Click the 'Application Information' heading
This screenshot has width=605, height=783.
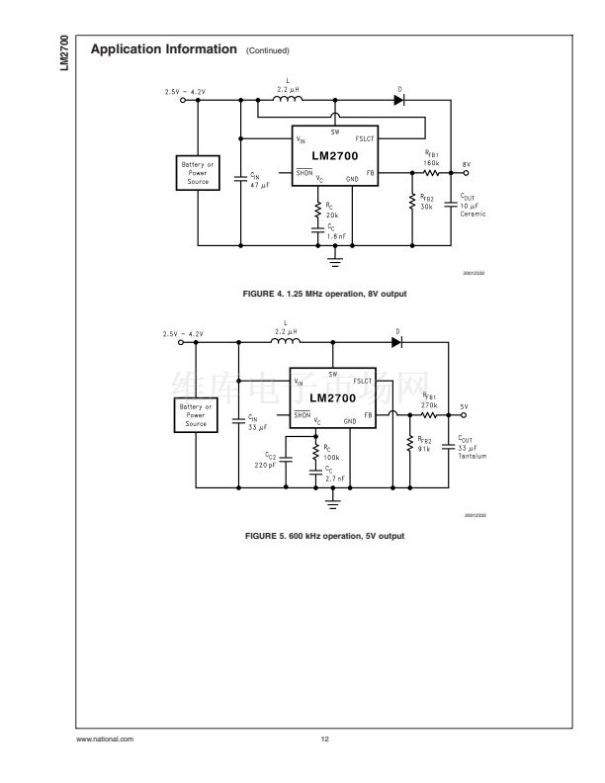pos(163,48)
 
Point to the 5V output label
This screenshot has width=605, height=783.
pos(464,406)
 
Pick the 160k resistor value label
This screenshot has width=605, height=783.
pos(431,163)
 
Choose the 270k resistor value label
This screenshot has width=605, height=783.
pos(429,405)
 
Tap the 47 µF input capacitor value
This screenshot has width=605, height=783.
pos(259,187)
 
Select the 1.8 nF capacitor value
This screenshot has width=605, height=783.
pos(335,237)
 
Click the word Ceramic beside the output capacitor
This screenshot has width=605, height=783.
pos(474,215)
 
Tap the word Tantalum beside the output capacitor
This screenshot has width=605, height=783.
pos(473,457)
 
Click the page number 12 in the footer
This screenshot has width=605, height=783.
pos(324,739)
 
